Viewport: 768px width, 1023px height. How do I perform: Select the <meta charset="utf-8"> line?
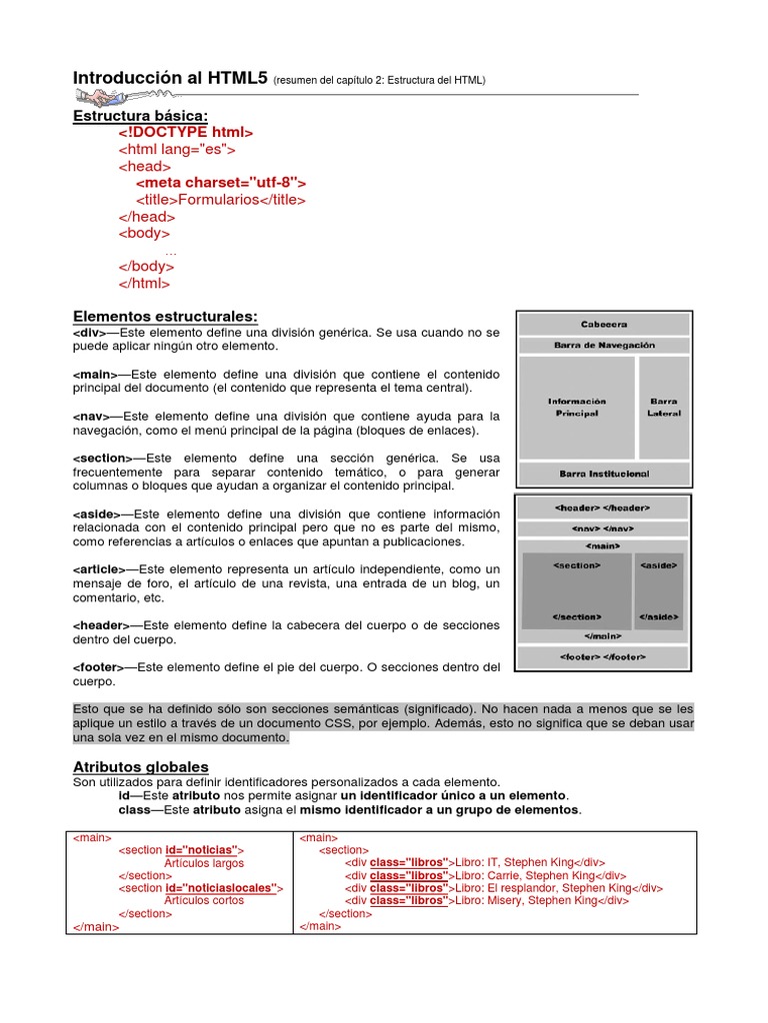coord(221,183)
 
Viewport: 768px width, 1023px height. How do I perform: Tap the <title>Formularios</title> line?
coord(221,200)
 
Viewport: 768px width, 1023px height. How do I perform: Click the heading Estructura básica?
coord(140,116)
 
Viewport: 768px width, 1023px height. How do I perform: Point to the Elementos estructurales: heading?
coord(165,317)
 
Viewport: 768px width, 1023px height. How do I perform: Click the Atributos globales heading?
coord(141,766)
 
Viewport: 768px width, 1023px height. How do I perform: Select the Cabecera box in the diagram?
coord(604,325)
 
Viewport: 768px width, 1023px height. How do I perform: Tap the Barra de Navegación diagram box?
coord(604,346)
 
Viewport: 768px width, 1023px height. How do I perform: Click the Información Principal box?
coord(577,407)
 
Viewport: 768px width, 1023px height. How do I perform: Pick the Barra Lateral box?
coord(664,407)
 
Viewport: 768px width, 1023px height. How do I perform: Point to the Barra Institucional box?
coord(604,473)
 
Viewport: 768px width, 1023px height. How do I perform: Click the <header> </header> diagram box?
coord(603,509)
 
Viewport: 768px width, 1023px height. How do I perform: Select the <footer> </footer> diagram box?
coord(603,656)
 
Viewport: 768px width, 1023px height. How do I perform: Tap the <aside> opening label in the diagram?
coord(659,565)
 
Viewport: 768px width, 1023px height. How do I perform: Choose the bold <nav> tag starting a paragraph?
coord(91,416)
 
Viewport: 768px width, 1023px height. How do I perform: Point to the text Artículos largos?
coord(204,862)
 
